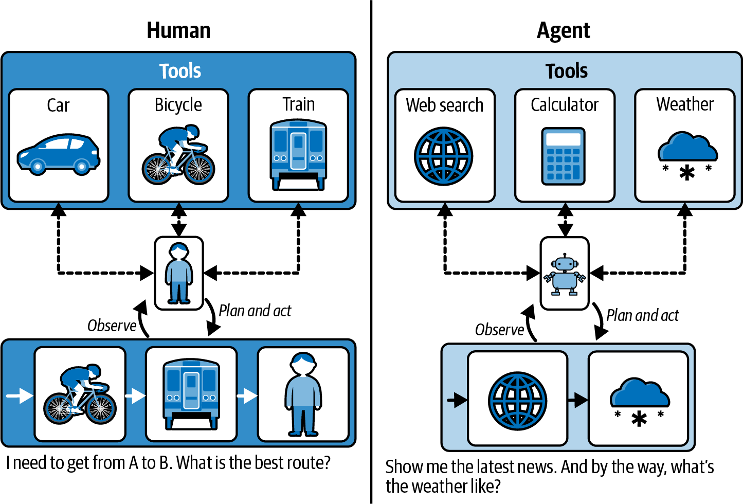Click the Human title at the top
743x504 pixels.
pos(178,30)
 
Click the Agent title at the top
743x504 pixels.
pos(563,31)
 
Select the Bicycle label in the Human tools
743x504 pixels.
pos(178,105)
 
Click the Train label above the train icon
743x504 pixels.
pos(298,104)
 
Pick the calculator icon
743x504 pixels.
pos(564,156)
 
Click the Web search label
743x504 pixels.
pos(444,105)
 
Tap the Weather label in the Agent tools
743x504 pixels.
pos(684,104)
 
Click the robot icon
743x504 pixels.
pos(565,275)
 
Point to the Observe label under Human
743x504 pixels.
pos(112,326)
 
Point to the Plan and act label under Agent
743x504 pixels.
pos(642,315)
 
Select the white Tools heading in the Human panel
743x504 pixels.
pos(179,71)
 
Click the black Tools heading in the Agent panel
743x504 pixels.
pos(566,71)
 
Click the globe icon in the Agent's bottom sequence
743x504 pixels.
pos(517,401)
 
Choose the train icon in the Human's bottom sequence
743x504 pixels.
pos(191,393)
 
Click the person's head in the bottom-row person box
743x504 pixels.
pos(303,364)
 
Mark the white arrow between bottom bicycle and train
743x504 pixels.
pos(135,395)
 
